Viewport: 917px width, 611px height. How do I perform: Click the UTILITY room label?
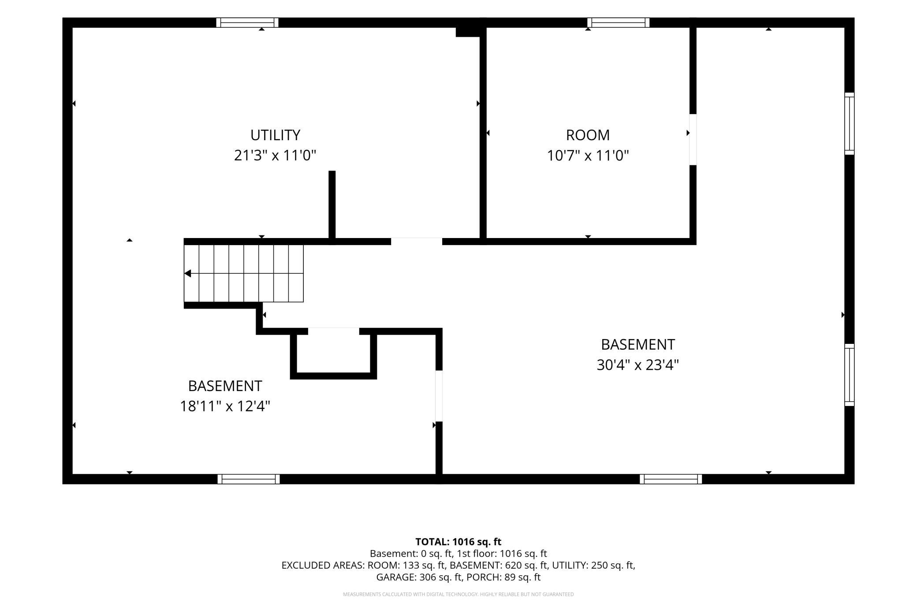pyautogui.click(x=275, y=134)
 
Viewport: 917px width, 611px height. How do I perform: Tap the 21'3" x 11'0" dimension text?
pyautogui.click(x=275, y=155)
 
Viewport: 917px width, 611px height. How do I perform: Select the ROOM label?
pyautogui.click(x=588, y=134)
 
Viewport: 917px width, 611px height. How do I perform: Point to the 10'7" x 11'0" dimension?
pyautogui.click(x=588, y=155)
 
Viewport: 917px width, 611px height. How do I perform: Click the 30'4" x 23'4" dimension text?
pyautogui.click(x=637, y=365)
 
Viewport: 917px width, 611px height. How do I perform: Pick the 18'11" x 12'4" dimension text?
pyautogui.click(x=225, y=406)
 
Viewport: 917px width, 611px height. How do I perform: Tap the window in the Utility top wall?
pyautogui.click(x=247, y=22)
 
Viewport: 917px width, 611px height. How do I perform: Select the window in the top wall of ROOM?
pyautogui.click(x=619, y=22)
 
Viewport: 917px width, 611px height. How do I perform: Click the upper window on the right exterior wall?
pyautogui.click(x=850, y=123)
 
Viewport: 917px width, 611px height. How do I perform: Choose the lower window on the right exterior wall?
pyautogui.click(x=850, y=375)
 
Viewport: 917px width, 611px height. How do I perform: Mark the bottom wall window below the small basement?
pyautogui.click(x=249, y=479)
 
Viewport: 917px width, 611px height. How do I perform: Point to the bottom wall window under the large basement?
pyautogui.click(x=671, y=479)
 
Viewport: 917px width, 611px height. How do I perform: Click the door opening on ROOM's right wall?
pyautogui.click(x=693, y=140)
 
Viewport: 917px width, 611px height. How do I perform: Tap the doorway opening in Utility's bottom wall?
pyautogui.click(x=417, y=241)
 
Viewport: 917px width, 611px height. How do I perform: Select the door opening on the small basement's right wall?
pyautogui.click(x=439, y=396)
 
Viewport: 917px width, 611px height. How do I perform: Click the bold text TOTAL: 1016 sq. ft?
pyautogui.click(x=458, y=542)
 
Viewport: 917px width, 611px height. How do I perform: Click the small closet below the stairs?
pyautogui.click(x=333, y=354)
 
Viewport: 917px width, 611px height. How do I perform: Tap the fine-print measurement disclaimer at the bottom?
pyautogui.click(x=458, y=594)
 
